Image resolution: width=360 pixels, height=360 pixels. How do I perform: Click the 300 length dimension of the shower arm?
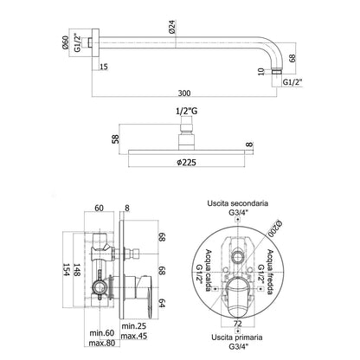click(184, 93)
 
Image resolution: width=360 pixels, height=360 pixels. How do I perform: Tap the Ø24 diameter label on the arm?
click(172, 28)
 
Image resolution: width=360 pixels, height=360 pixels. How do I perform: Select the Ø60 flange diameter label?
click(65, 42)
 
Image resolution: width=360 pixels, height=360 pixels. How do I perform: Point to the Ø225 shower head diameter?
click(186, 163)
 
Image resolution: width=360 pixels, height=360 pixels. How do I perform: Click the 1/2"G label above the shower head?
click(187, 111)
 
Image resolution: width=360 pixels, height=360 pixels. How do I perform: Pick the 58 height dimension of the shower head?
click(116, 138)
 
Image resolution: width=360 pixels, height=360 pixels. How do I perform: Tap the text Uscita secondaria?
click(237, 203)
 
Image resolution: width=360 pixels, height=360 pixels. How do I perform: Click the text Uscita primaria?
click(237, 337)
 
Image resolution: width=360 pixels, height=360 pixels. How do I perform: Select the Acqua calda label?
click(208, 270)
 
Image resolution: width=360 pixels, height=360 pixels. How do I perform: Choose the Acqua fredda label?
click(270, 272)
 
